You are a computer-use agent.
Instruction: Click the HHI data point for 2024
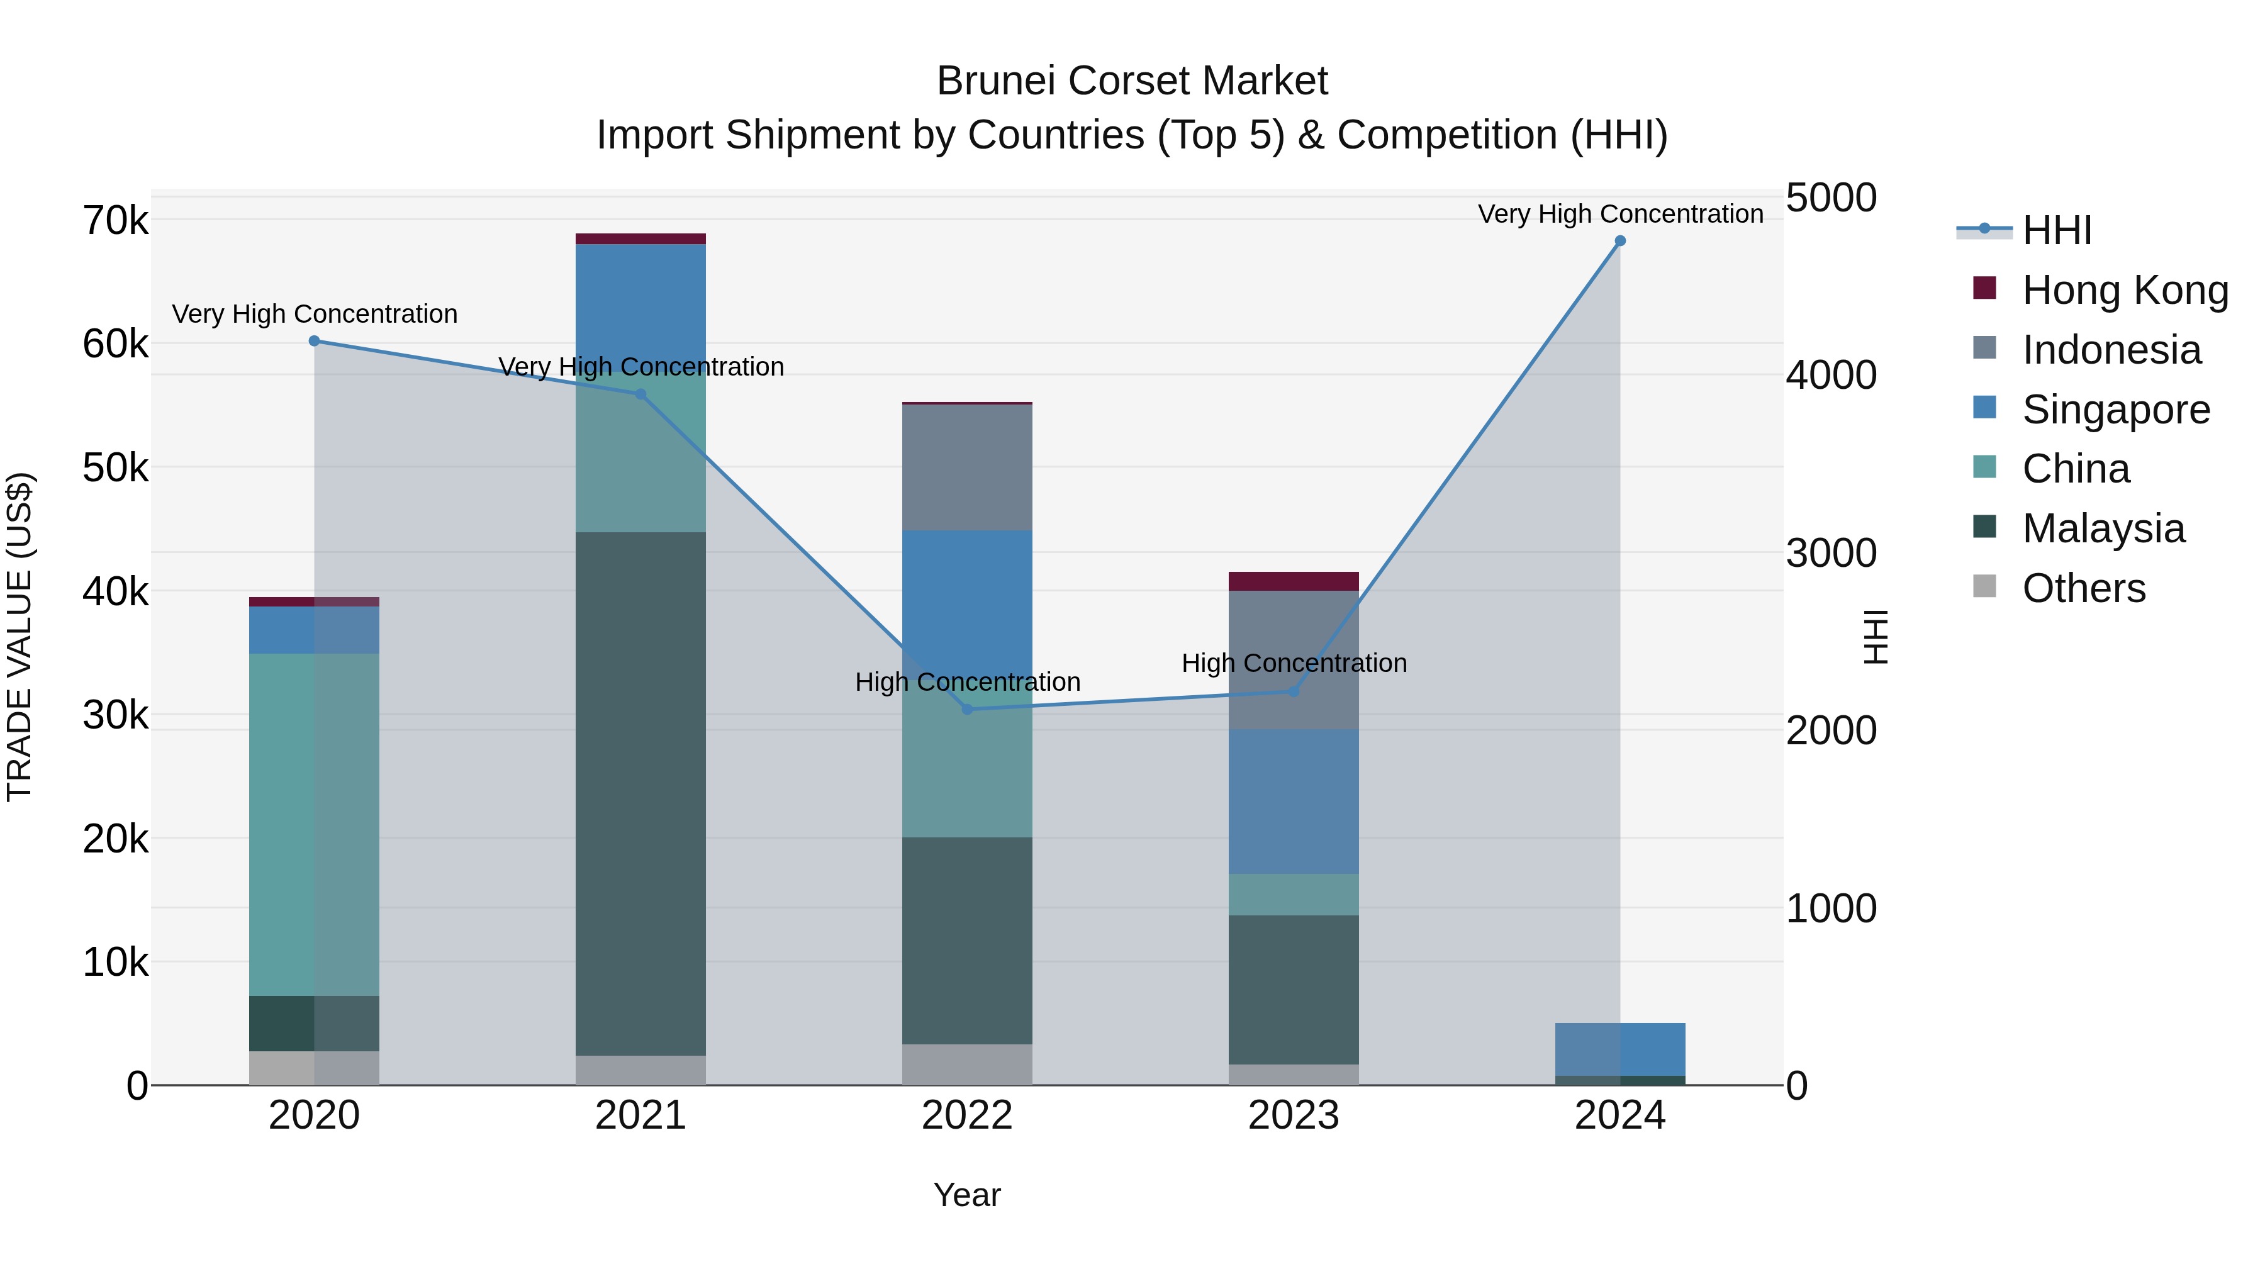1619,241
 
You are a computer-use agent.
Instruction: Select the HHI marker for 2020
314,341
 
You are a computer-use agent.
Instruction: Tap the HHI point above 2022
967,708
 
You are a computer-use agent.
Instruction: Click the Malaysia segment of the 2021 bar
640,791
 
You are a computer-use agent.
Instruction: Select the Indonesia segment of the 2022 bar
967,467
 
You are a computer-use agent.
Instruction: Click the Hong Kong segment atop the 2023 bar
1294,581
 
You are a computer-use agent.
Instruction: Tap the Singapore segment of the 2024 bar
1619,1049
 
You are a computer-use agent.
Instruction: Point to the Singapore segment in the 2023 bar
1294,801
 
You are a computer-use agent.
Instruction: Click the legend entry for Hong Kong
2124,290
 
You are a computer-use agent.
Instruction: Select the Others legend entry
2083,588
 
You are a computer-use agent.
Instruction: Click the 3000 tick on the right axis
1831,553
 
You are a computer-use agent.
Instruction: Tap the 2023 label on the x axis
1294,1115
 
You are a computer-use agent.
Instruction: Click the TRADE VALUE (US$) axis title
20,637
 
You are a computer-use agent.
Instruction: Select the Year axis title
967,1195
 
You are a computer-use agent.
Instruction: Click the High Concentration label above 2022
967,682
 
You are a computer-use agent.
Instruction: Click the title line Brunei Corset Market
1132,81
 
